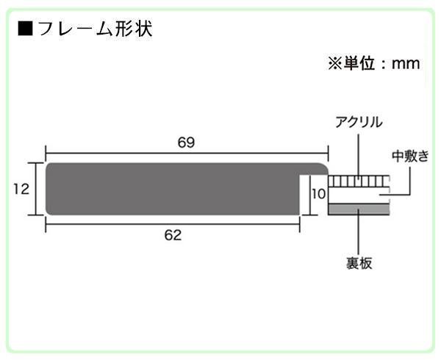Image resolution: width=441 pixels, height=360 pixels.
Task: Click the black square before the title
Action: (x=25, y=29)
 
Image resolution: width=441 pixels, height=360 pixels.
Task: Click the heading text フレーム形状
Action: (x=95, y=29)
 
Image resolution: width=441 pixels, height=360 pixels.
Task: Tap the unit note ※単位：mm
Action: (x=374, y=63)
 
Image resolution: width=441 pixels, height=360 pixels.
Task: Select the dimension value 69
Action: (x=186, y=143)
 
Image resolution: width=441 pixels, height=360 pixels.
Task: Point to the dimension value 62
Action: (x=173, y=235)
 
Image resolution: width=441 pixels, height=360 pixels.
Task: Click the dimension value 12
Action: (x=21, y=189)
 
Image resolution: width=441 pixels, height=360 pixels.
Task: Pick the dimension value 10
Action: (x=319, y=194)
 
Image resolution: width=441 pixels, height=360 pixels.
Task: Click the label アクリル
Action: (x=359, y=122)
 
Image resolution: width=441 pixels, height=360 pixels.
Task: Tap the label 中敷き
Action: (x=410, y=156)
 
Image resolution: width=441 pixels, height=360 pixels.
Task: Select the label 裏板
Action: (x=359, y=263)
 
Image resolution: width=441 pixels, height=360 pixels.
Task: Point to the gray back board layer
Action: (x=359, y=209)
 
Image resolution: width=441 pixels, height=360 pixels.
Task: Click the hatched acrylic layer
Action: (x=359, y=181)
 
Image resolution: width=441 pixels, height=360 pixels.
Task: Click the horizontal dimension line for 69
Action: (x=187, y=154)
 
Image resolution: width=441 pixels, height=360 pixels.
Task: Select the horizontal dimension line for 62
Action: (x=173, y=224)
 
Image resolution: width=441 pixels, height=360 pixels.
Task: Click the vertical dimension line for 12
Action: (x=36, y=189)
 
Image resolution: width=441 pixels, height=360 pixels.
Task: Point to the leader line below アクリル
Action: (x=359, y=156)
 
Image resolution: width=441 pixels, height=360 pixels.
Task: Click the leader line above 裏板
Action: (x=359, y=231)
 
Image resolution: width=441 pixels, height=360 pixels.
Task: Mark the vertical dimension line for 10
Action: (x=310, y=195)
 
